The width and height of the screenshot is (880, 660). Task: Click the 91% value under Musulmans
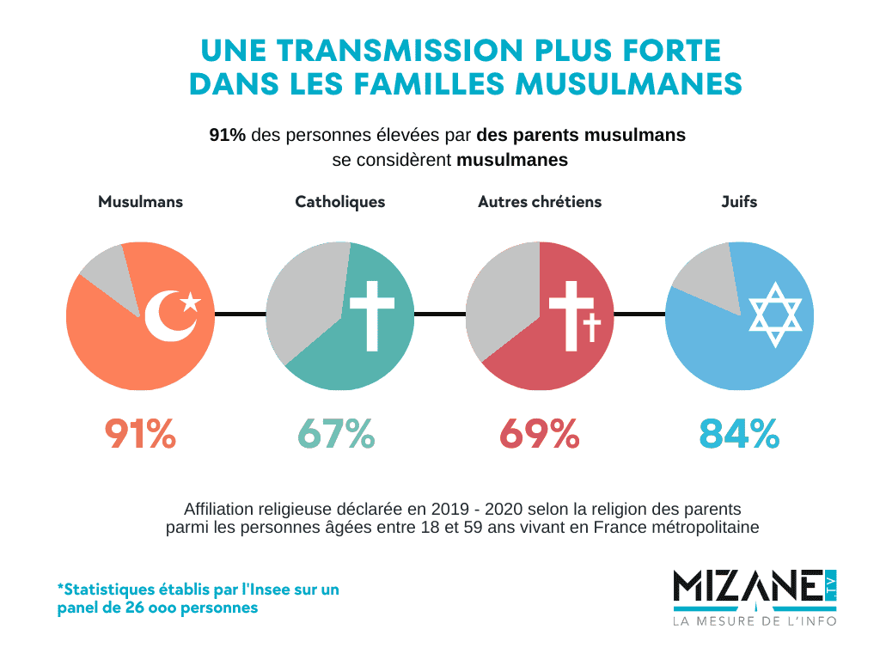point(140,434)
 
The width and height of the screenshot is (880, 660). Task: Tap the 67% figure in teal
point(336,434)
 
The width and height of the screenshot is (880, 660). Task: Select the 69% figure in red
point(539,434)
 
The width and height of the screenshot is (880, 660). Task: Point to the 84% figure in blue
point(739,434)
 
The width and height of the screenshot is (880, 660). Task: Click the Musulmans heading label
point(140,202)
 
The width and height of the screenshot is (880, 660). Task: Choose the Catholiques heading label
point(339,202)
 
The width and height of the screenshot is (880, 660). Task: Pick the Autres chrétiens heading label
point(540,202)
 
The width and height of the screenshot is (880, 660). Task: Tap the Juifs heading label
point(739,202)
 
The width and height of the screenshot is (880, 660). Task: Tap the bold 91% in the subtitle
point(228,136)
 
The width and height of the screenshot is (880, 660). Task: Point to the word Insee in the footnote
point(262,590)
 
